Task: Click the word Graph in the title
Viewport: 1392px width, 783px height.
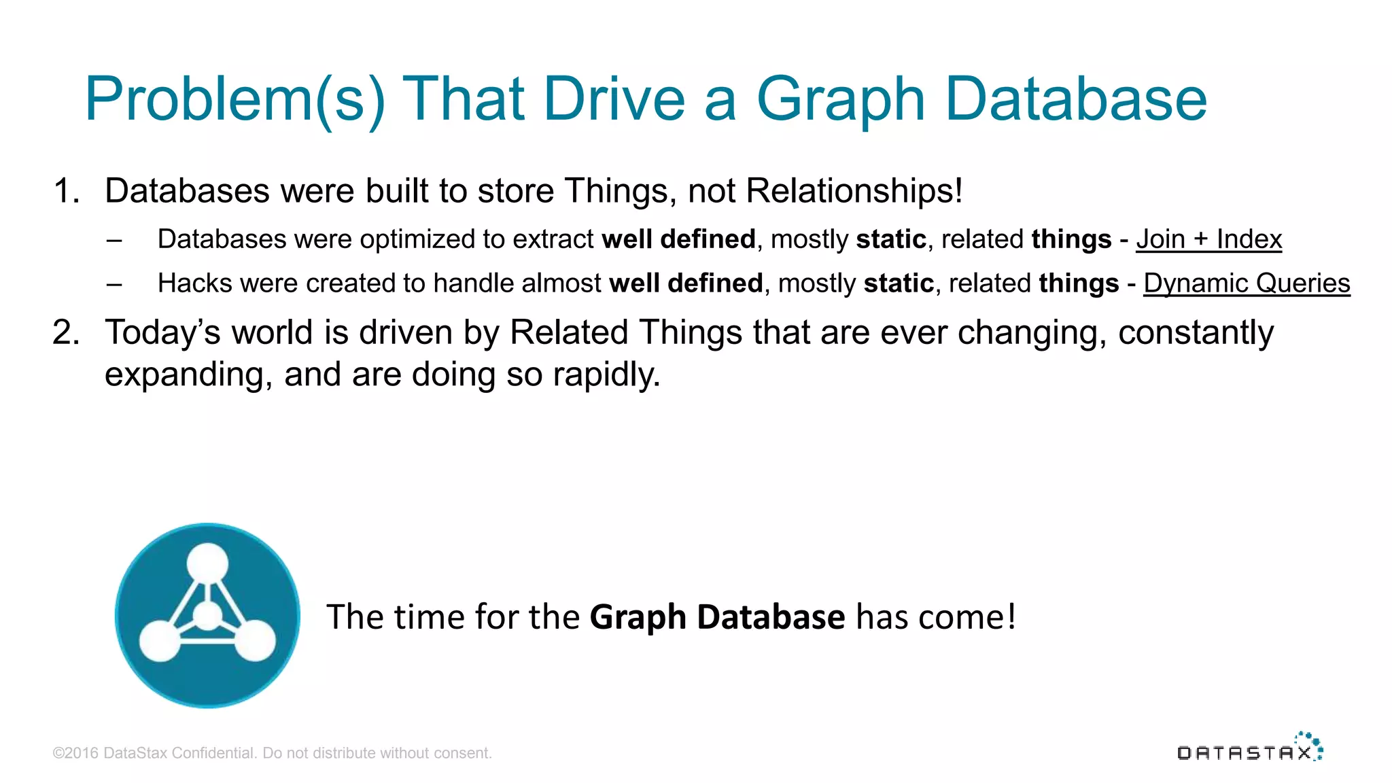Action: [841, 101]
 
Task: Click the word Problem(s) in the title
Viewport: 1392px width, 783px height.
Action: [234, 101]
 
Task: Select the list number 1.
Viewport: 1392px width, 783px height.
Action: [66, 191]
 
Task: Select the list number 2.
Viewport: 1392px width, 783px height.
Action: [66, 333]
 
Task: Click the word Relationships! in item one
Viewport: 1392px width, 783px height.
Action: [854, 191]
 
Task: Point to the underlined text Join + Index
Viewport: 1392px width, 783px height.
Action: [1208, 239]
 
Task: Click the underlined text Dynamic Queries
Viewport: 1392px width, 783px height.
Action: [1247, 283]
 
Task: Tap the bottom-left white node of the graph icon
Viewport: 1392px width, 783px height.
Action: [160, 640]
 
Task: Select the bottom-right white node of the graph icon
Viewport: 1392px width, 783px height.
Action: [255, 640]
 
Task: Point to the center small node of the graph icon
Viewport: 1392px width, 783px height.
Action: [207, 616]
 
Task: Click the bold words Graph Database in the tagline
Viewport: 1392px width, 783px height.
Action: [717, 617]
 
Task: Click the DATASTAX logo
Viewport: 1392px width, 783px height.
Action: [1249, 749]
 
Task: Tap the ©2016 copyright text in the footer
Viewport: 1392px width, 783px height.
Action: [272, 753]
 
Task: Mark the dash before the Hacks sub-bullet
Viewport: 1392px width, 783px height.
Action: [114, 284]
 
